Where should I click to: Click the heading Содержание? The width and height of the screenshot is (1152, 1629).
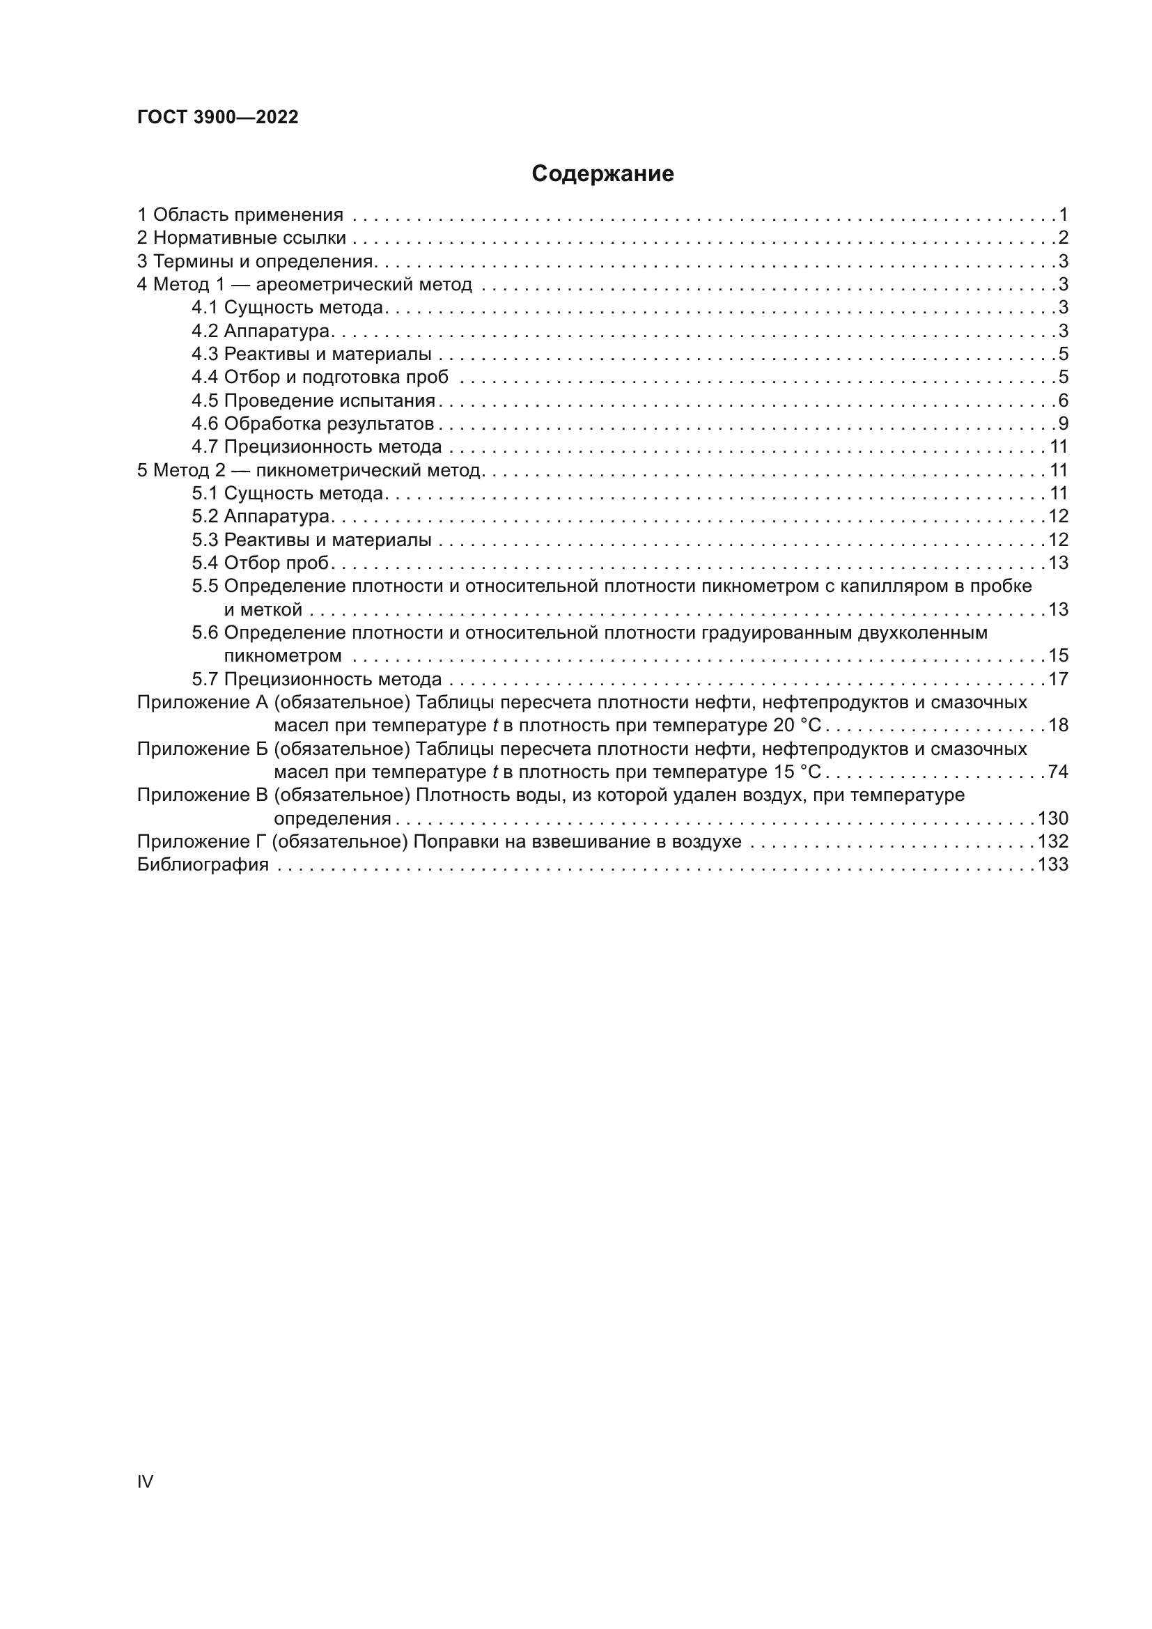pos(602,174)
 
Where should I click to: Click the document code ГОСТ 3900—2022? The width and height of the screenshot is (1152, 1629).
pos(218,118)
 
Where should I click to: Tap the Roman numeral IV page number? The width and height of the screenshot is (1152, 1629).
pos(145,1481)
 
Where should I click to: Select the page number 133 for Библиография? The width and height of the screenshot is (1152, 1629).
pos(1052,865)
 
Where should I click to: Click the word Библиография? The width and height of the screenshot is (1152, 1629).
pos(203,865)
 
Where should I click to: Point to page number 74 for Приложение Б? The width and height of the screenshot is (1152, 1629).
pos(1058,772)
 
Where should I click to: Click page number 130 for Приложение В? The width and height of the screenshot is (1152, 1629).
pos(1052,819)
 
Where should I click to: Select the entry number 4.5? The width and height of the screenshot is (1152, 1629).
pos(204,401)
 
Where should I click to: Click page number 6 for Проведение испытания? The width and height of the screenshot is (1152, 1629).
pos(1063,401)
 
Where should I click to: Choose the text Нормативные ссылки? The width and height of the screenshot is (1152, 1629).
pos(250,238)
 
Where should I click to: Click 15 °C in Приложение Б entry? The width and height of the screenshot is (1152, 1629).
pos(793,772)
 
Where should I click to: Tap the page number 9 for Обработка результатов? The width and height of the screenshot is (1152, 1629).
pos(1063,424)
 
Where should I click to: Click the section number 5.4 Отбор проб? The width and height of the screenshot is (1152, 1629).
pos(204,563)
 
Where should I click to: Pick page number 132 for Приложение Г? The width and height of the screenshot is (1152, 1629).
pos(1052,842)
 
